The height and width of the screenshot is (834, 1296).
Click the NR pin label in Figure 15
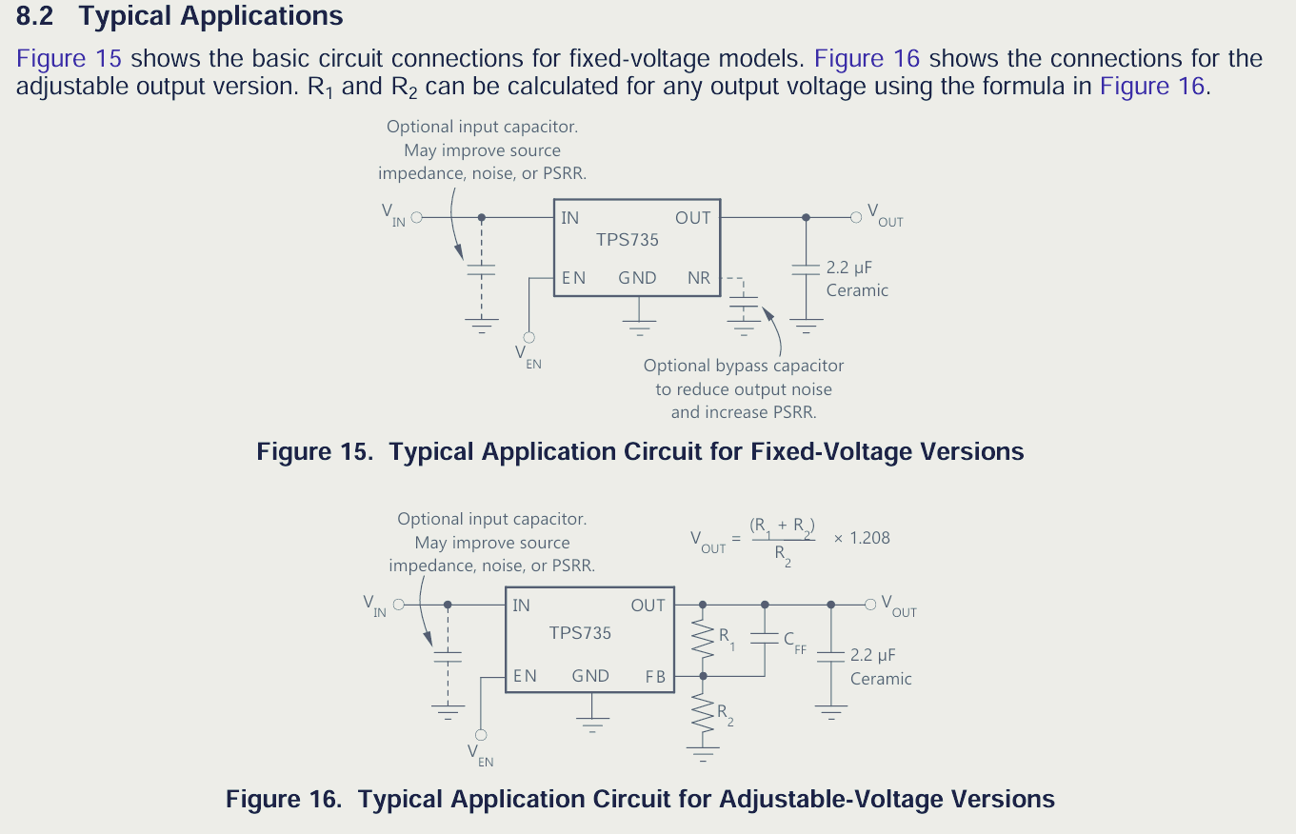(699, 278)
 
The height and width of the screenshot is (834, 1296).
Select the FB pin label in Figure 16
(655, 676)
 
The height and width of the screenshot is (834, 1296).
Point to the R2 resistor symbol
(704, 712)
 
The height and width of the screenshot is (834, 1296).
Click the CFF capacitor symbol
(765, 639)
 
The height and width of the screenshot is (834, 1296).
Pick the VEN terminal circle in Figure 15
(529, 337)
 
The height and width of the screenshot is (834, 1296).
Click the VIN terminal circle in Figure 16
(399, 605)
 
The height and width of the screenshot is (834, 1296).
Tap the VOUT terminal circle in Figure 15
(855, 217)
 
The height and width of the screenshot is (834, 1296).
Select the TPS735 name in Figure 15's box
(628, 241)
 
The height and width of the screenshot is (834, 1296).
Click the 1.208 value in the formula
(869, 538)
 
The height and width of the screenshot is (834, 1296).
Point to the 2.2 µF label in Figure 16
(873, 655)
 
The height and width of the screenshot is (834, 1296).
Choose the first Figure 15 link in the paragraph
(69, 58)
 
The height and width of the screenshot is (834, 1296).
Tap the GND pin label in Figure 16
(590, 676)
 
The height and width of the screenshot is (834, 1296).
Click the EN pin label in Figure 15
(573, 278)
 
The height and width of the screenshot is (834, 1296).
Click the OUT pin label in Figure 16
(648, 606)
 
